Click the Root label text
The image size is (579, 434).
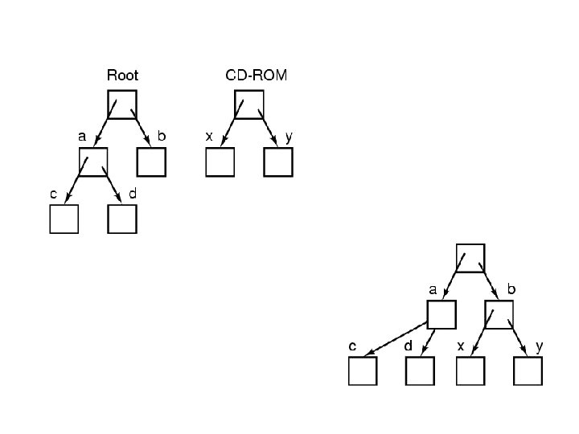[122, 76]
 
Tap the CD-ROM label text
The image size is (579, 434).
[255, 76]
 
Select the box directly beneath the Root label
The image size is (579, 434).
[122, 104]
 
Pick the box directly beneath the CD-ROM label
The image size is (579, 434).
[249, 104]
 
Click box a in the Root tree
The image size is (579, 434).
[93, 162]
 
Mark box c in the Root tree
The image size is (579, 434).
[64, 219]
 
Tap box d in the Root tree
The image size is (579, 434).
[122, 219]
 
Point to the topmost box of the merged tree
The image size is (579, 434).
[470, 257]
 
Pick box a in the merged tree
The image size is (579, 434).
[441, 314]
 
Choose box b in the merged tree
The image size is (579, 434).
[499, 314]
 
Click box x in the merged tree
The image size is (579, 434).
[470, 371]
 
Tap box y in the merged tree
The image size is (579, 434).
[528, 371]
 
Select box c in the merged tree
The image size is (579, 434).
[362, 371]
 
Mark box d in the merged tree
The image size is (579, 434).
[420, 371]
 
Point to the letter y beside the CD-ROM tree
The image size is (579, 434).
[288, 137]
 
